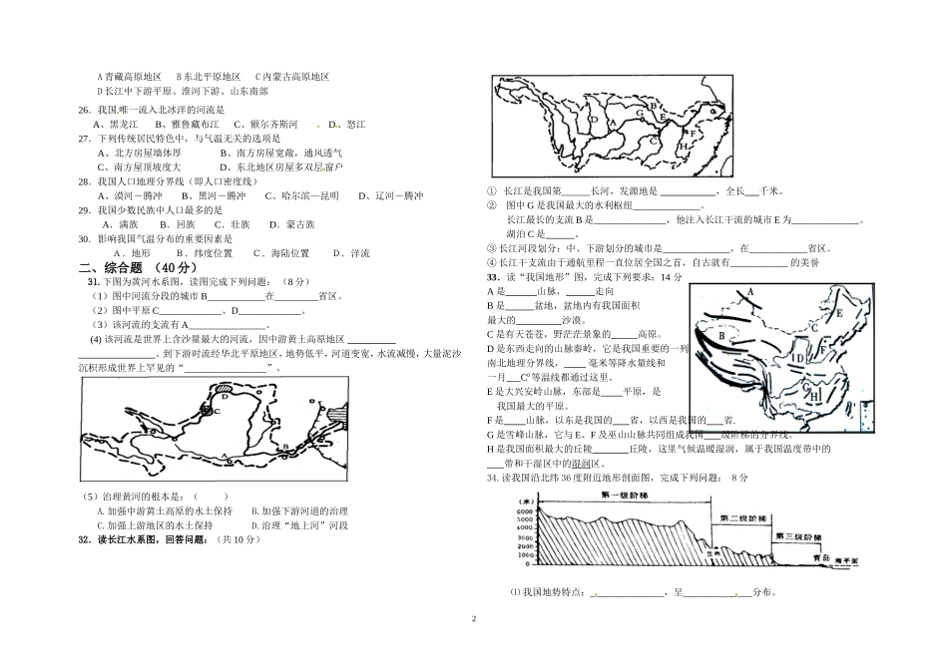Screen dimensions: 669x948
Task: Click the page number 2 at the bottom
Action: [x=474, y=619]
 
